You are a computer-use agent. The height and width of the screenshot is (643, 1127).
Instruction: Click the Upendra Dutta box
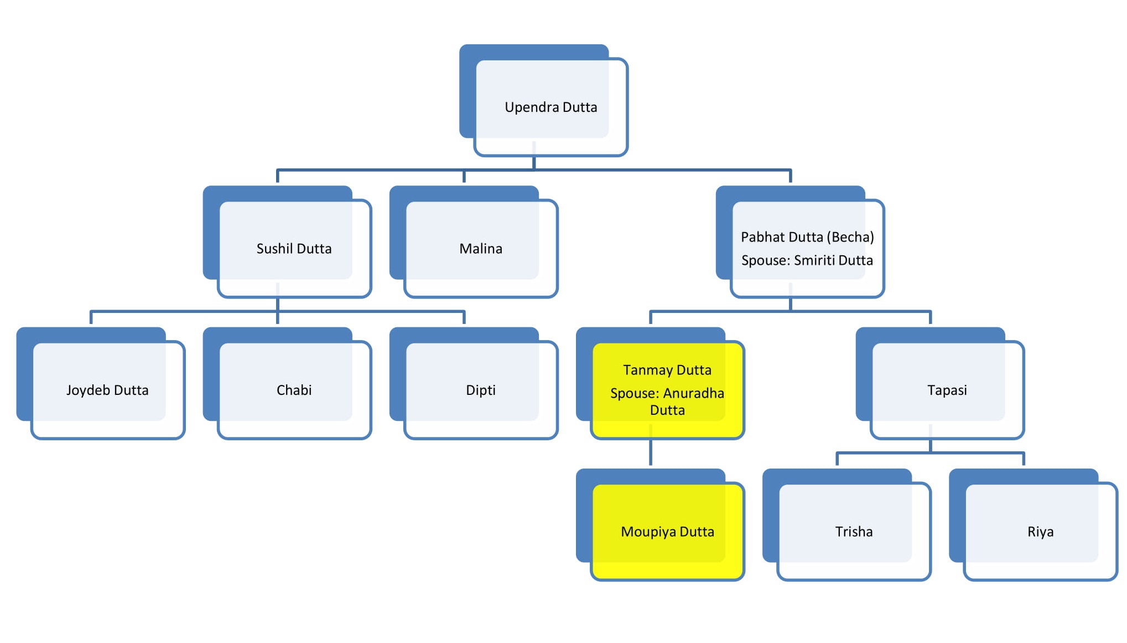click(x=550, y=107)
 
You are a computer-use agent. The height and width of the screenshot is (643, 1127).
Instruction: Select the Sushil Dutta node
click(x=294, y=249)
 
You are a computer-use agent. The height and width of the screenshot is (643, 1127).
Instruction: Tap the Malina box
click(x=480, y=249)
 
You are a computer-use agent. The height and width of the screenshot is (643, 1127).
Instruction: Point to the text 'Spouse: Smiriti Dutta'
click(x=807, y=260)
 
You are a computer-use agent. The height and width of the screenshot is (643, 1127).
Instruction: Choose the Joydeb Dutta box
click(x=107, y=390)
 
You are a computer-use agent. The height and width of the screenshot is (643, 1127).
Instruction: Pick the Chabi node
click(x=294, y=390)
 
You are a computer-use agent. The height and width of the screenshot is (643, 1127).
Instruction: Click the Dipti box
click(x=480, y=390)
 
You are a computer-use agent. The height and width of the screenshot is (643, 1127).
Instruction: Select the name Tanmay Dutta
click(x=667, y=370)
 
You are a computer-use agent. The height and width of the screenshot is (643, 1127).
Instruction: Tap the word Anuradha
click(x=693, y=393)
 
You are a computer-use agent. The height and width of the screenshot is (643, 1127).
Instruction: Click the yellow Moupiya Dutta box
click(x=667, y=532)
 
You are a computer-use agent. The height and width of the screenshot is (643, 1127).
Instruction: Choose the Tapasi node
click(x=947, y=390)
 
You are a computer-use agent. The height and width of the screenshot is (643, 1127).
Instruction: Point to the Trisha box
click(x=854, y=532)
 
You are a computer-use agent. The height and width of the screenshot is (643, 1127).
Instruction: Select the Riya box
click(x=1040, y=532)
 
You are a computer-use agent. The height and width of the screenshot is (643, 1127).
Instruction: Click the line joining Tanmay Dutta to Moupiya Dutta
click(x=651, y=453)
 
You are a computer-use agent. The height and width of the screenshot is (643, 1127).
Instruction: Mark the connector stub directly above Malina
click(x=464, y=177)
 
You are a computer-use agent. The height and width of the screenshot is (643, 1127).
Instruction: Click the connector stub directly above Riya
click(x=1024, y=459)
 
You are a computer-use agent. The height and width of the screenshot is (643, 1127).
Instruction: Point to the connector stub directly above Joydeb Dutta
click(x=91, y=318)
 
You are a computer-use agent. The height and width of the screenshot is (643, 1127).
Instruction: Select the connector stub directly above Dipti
click(x=464, y=318)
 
